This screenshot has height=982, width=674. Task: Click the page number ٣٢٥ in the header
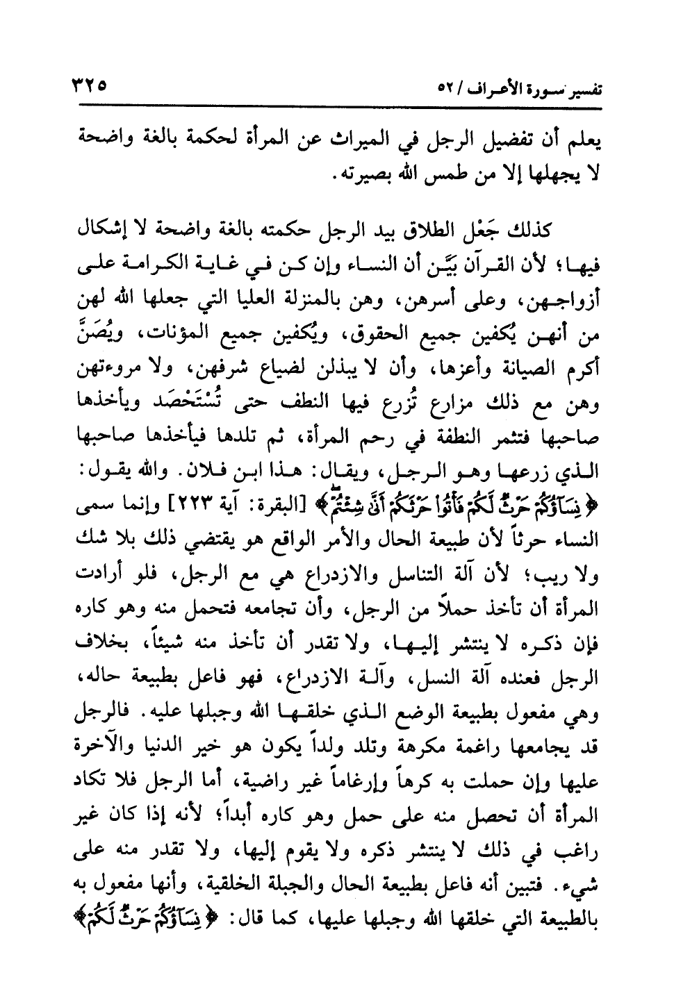tap(88, 89)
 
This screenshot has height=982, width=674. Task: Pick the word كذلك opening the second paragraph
tap(531, 228)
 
